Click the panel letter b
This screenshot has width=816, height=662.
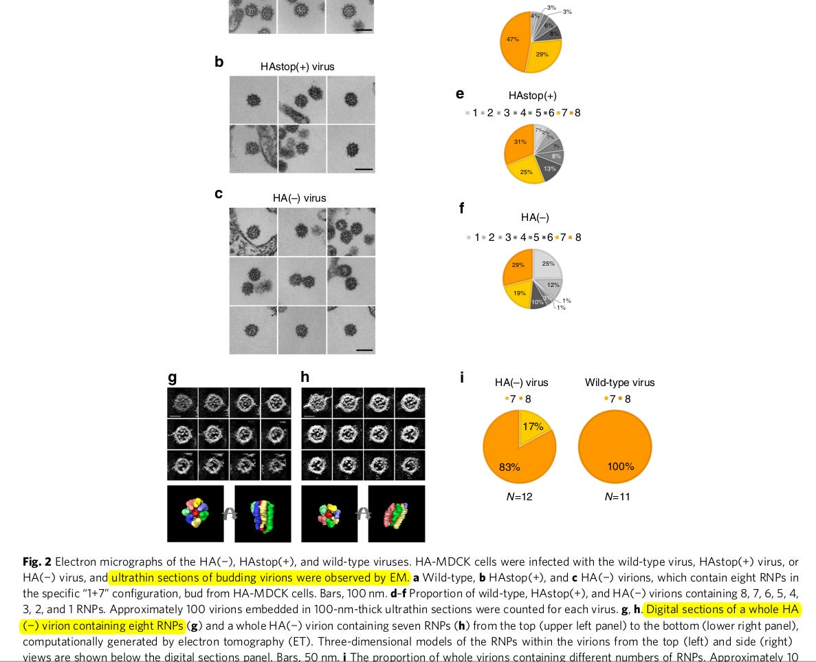point(219,62)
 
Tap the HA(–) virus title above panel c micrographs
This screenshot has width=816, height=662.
point(300,198)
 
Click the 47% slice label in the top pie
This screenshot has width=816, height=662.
point(513,39)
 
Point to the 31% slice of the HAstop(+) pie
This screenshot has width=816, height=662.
point(520,142)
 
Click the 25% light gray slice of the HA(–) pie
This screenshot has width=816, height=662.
point(548,264)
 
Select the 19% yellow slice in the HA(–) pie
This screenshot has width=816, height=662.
point(519,293)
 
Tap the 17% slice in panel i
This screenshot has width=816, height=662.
point(533,427)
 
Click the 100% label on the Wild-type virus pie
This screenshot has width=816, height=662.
point(620,467)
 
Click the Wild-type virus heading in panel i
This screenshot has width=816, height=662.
point(619,383)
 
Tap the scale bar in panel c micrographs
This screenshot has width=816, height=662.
point(364,350)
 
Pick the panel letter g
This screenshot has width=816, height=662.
point(172,377)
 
